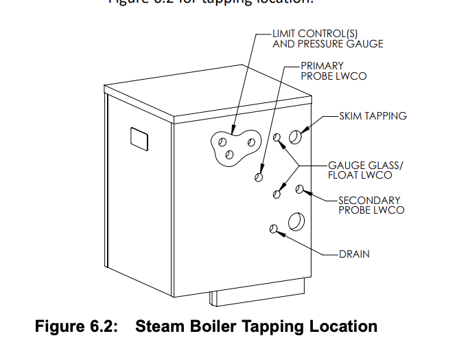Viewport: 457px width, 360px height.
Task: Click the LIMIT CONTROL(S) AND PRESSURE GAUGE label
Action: [x=327, y=38]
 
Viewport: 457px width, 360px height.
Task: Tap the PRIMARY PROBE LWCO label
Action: [x=333, y=71]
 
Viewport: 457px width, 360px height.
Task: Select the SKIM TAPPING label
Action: [x=373, y=116]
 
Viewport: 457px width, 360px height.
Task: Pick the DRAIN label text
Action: [x=354, y=254]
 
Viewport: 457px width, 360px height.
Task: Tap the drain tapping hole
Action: [x=274, y=229]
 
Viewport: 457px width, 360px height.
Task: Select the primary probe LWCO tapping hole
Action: [x=259, y=177]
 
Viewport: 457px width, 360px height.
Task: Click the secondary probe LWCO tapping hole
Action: [x=299, y=189]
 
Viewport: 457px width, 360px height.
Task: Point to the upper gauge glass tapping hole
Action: [x=277, y=138]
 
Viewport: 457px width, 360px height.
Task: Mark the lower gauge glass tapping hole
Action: [x=277, y=194]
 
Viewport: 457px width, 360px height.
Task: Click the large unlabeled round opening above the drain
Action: [x=298, y=221]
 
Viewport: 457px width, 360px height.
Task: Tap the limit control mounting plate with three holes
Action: [x=235, y=145]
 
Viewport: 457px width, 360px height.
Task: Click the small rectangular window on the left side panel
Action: [x=140, y=138]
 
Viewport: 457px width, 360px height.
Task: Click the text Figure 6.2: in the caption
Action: [x=76, y=326]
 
